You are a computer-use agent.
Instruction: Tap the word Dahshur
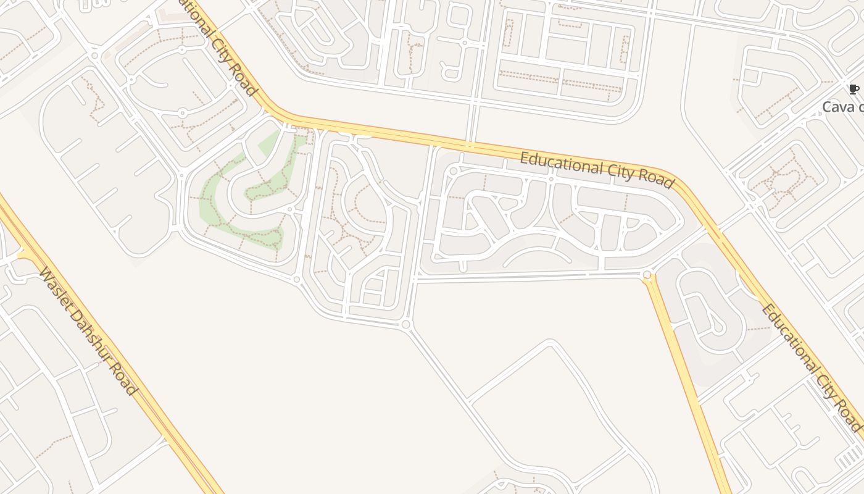(x=86, y=333)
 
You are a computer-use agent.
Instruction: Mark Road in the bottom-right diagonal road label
(x=848, y=416)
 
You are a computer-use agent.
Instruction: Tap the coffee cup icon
(x=854, y=90)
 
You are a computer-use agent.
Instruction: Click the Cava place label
(x=843, y=107)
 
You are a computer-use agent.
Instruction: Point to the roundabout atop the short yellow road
(x=647, y=275)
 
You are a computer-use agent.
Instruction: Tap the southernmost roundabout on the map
(x=405, y=324)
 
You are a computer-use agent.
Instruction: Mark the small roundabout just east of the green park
(x=289, y=209)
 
